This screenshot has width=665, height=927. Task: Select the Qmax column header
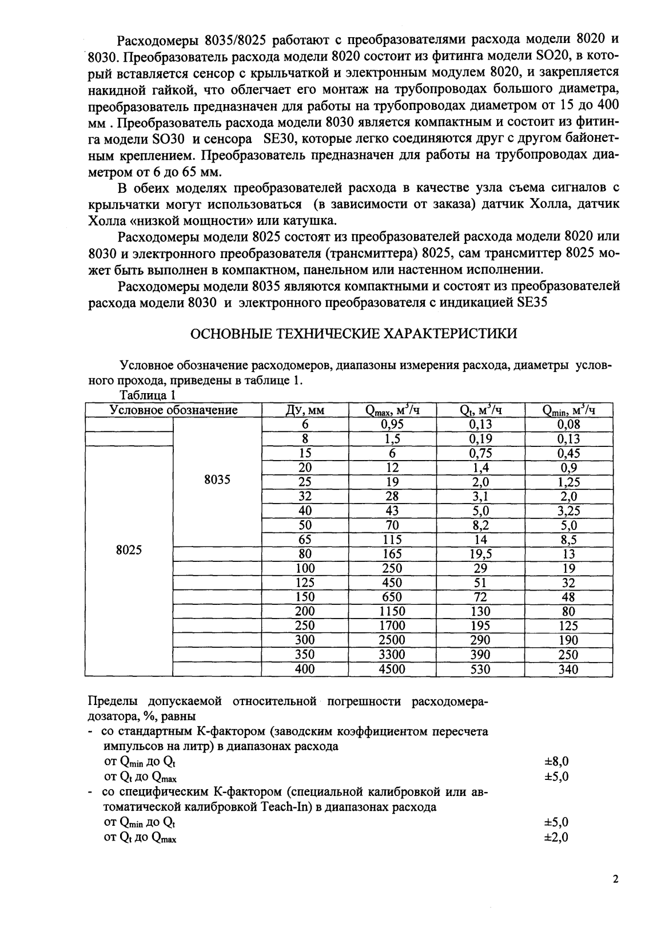[x=392, y=410]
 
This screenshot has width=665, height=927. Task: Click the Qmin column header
[x=568, y=410]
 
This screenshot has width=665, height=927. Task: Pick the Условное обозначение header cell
[x=173, y=410]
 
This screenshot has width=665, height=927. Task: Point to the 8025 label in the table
[x=129, y=550]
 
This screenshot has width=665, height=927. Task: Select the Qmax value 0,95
[x=392, y=425]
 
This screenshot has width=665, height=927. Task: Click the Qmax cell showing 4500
[x=392, y=669]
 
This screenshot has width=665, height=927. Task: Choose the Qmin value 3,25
[x=568, y=511]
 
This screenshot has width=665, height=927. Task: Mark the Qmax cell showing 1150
[x=392, y=612]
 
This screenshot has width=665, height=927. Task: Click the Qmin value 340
[x=568, y=669]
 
